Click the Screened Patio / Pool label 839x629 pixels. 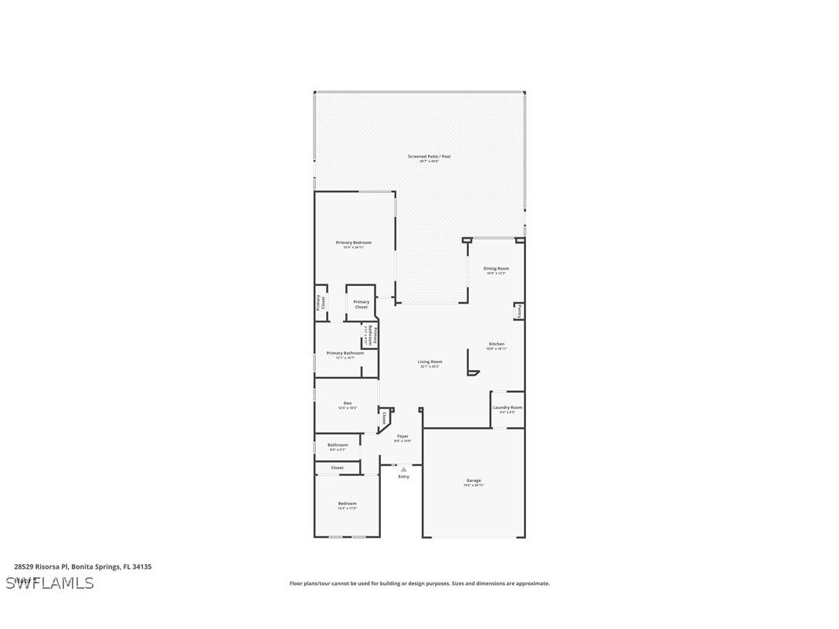tap(429, 156)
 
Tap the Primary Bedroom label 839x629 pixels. tap(353, 243)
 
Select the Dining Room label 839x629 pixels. tap(496, 269)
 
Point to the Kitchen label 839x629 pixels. tap(496, 344)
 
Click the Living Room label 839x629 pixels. tap(430, 362)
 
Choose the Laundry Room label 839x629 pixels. tap(507, 407)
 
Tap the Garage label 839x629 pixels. tap(473, 481)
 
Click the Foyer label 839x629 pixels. tap(403, 437)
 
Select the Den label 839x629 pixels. tap(348, 403)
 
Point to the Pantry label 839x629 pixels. tap(520, 311)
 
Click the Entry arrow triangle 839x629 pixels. tap(403, 469)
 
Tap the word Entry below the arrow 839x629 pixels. tap(403, 477)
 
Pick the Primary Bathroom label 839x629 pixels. tap(345, 353)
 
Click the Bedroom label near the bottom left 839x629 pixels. tap(347, 504)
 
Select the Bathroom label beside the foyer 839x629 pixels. tap(338, 445)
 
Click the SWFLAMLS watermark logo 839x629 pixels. tap(50, 583)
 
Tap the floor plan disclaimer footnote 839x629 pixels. tap(419, 583)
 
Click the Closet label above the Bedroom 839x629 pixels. tap(337, 467)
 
